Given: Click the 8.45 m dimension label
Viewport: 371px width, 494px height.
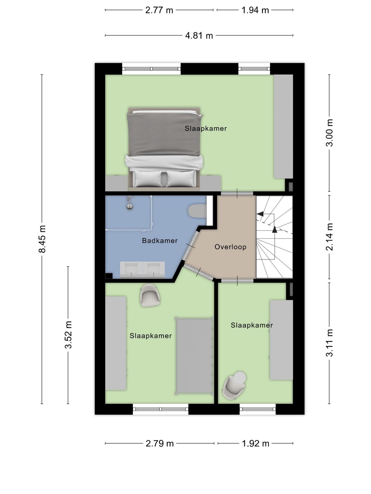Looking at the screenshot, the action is point(42,239).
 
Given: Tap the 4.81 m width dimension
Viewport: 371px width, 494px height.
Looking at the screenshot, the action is point(199,36).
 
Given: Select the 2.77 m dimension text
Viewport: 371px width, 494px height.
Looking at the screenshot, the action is point(159,10).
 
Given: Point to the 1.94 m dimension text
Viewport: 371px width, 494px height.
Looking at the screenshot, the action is point(255,10).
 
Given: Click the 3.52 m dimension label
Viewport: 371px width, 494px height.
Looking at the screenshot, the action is point(68,335).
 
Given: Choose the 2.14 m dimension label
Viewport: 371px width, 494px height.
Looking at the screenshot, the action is point(329,237).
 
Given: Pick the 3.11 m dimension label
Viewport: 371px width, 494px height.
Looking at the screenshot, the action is point(329,343).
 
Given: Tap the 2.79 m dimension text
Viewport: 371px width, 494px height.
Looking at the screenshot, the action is point(159,443).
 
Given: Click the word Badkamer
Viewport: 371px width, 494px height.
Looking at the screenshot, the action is point(160,240).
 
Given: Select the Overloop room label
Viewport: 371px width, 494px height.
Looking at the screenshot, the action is point(230,247).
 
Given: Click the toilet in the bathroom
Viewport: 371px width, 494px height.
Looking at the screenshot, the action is point(197,211).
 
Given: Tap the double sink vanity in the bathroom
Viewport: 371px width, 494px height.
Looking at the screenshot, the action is point(142,270).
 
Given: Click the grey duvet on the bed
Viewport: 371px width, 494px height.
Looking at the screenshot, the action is point(164,134).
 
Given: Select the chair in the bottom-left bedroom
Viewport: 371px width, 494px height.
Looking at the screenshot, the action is point(150,295).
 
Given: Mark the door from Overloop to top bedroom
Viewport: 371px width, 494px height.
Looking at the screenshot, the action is point(237,193).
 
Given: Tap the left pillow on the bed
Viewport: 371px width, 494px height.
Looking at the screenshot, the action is point(148,179).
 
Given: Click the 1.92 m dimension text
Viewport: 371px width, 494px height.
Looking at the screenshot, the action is point(256,443).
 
